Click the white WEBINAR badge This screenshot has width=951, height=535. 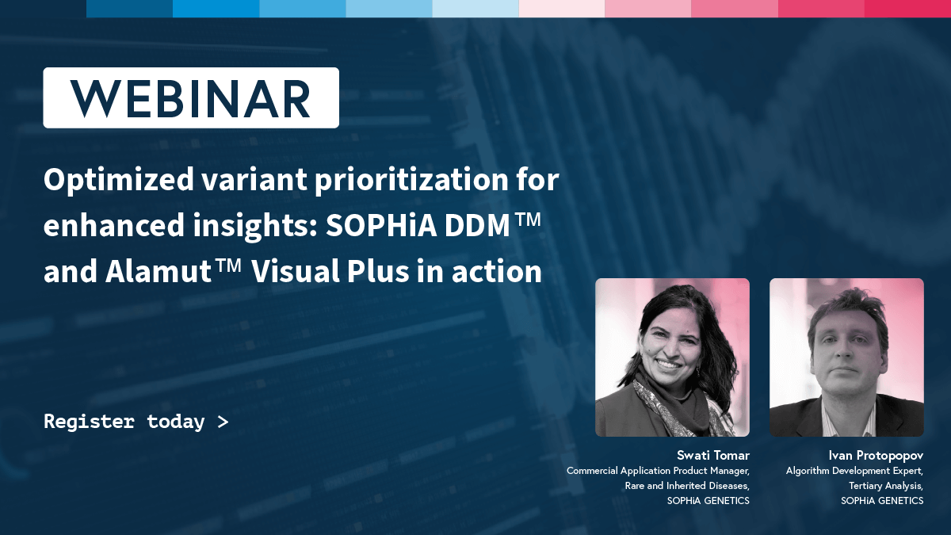(191, 97)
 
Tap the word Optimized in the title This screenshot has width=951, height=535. (119, 180)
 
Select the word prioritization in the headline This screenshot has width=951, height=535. (411, 179)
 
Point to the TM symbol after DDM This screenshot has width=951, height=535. (528, 220)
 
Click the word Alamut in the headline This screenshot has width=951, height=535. (158, 271)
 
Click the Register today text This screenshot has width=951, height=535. (124, 422)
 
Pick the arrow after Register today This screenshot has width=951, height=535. (223, 422)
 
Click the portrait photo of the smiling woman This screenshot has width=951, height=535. (673, 357)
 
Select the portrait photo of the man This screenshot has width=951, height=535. (846, 357)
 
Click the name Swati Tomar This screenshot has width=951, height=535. (713, 456)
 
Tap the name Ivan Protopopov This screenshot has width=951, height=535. (876, 456)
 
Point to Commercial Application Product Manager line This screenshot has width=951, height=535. (658, 471)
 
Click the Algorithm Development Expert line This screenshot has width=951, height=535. (854, 471)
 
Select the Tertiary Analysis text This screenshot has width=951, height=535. (886, 486)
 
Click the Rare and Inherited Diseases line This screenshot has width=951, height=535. (687, 486)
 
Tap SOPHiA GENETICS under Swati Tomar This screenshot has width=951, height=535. (708, 501)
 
